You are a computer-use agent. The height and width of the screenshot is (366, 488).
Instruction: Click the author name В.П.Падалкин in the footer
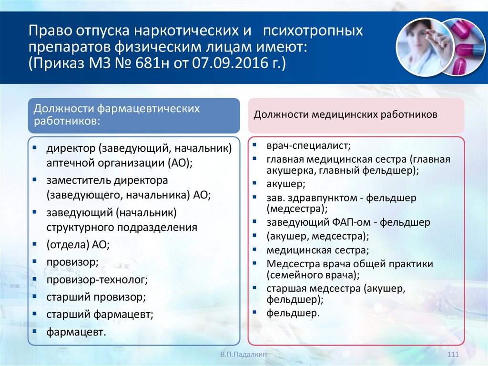click(243, 355)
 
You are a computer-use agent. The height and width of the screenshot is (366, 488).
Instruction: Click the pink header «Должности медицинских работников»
click(346, 115)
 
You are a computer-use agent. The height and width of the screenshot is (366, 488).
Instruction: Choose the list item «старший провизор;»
click(96, 296)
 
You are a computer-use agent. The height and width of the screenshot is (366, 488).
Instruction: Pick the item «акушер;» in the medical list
click(286, 183)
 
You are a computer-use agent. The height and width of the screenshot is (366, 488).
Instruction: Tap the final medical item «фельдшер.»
click(293, 313)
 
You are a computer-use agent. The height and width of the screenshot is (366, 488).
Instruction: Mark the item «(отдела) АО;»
click(78, 244)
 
